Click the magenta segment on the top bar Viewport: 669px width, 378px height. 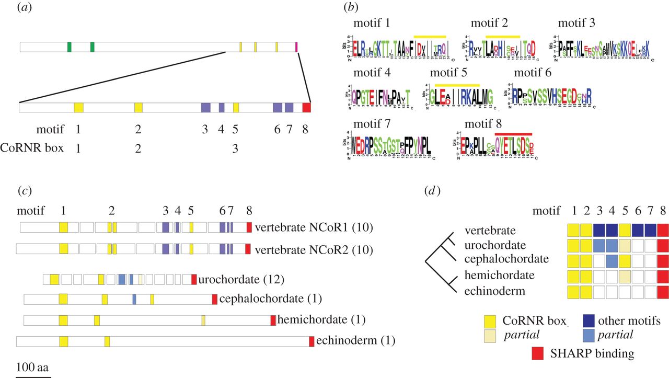[297, 47]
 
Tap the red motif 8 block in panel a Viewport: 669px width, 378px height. [307, 107]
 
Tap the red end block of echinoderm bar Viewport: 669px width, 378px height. [312, 341]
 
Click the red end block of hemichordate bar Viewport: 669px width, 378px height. [273, 320]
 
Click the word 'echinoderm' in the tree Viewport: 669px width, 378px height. [494, 291]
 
